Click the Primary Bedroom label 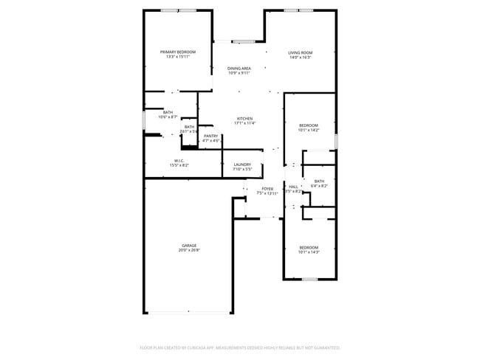click(x=179, y=52)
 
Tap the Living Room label click(x=300, y=52)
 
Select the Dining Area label click(x=239, y=69)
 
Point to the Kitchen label click(x=244, y=119)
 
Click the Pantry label click(x=210, y=136)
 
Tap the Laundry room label click(x=242, y=165)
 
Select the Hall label click(x=293, y=187)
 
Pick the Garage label click(x=189, y=246)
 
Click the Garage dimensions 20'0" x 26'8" click(x=189, y=251)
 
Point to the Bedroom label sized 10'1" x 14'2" click(x=309, y=125)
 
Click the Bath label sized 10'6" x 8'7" click(x=168, y=112)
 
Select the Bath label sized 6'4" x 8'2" click(x=319, y=181)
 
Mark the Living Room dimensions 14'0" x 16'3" click(x=300, y=58)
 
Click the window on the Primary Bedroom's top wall click(x=179, y=10)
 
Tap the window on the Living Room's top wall click(x=300, y=10)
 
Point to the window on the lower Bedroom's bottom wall click(x=309, y=279)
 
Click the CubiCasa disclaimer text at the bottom click(x=239, y=347)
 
